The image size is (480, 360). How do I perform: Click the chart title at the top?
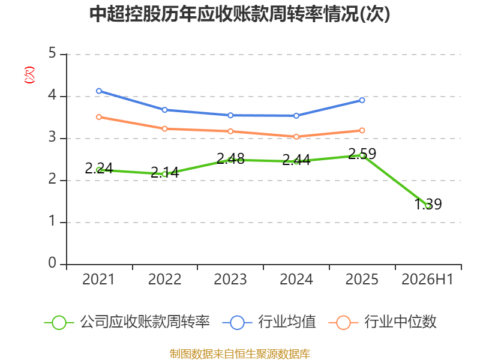(x=239, y=14)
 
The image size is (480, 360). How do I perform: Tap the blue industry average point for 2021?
(x=99, y=91)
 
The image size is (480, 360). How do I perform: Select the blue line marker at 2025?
(x=362, y=100)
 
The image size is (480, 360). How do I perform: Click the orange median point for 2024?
(x=296, y=137)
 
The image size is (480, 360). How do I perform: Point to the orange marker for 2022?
(x=164, y=129)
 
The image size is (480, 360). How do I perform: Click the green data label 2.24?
(x=99, y=168)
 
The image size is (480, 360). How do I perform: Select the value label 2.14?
(x=164, y=172)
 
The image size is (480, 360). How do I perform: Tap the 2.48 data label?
(x=230, y=158)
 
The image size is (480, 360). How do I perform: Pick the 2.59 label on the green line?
(x=362, y=154)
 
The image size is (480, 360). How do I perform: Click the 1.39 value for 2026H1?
(x=428, y=204)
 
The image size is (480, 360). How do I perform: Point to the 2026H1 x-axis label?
(x=427, y=279)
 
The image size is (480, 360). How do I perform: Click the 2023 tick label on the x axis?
(x=230, y=279)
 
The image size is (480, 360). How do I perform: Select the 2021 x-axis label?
(x=98, y=279)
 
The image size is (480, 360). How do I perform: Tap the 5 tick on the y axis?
(x=52, y=53)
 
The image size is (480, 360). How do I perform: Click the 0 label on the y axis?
(x=52, y=263)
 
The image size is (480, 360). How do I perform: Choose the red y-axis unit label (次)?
(x=29, y=75)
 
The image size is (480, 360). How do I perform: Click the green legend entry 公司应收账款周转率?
(x=127, y=322)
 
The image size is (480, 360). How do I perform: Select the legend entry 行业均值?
(x=269, y=322)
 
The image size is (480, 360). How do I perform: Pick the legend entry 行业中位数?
(x=382, y=322)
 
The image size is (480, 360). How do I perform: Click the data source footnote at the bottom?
(x=240, y=354)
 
